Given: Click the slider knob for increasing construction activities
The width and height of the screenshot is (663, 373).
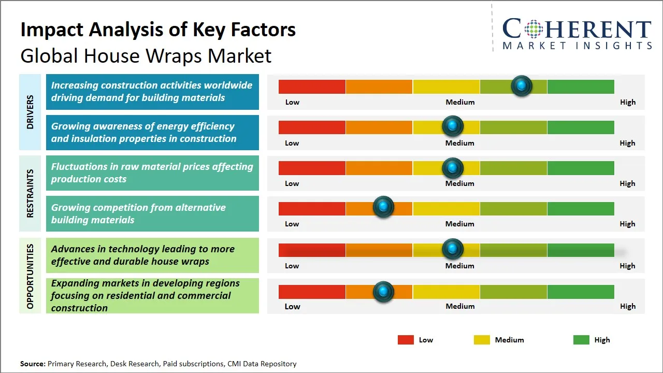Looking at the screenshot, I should (522, 85).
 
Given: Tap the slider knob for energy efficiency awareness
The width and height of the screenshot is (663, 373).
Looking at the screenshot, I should (453, 126).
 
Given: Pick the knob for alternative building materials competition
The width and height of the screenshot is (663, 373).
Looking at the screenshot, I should (383, 207).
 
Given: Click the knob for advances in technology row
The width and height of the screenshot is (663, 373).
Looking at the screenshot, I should (453, 249).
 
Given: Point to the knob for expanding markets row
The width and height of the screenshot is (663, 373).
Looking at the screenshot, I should (383, 292).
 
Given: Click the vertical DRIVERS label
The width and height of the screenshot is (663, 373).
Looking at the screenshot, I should (30, 112).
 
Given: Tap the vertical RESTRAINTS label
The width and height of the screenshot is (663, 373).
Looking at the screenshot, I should (30, 193).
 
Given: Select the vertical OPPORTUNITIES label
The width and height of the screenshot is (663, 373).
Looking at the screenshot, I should (30, 276).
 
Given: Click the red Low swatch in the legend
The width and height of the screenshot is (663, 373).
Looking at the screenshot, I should (406, 340).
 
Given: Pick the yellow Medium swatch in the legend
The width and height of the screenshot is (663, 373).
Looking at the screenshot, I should (482, 340).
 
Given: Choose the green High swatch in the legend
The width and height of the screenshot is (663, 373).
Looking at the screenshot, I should (581, 340).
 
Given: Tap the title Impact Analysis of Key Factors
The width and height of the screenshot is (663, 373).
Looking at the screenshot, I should (158, 30).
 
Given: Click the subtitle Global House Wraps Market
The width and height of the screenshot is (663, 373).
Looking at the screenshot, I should (146, 55).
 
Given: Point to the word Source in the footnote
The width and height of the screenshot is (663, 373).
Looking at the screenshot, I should (33, 364).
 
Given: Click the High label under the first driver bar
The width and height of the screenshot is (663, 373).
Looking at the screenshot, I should (627, 102).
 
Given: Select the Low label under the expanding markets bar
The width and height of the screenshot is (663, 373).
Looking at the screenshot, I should (292, 306).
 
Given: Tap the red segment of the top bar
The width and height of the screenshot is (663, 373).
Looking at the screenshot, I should (312, 87).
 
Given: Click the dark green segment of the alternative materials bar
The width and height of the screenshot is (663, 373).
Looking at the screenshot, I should (580, 208).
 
